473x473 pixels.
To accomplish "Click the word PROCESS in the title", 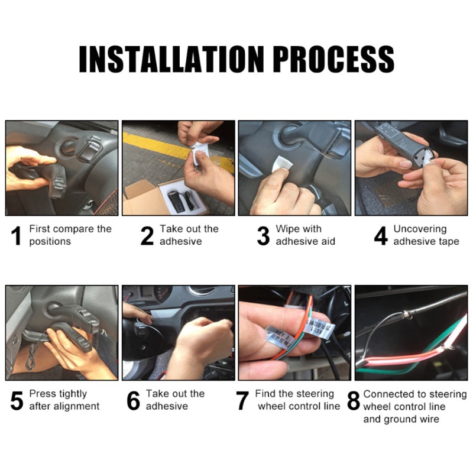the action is [333, 59].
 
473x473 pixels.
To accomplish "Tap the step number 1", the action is [17, 235].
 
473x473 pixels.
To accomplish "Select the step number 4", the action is [380, 235].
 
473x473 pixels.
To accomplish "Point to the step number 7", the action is [242, 401].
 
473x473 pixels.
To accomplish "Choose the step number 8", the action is [354, 401].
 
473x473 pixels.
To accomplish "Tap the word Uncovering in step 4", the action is [420, 229].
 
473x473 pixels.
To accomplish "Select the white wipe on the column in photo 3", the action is [283, 164].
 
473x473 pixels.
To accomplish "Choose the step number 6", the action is [133, 401].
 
